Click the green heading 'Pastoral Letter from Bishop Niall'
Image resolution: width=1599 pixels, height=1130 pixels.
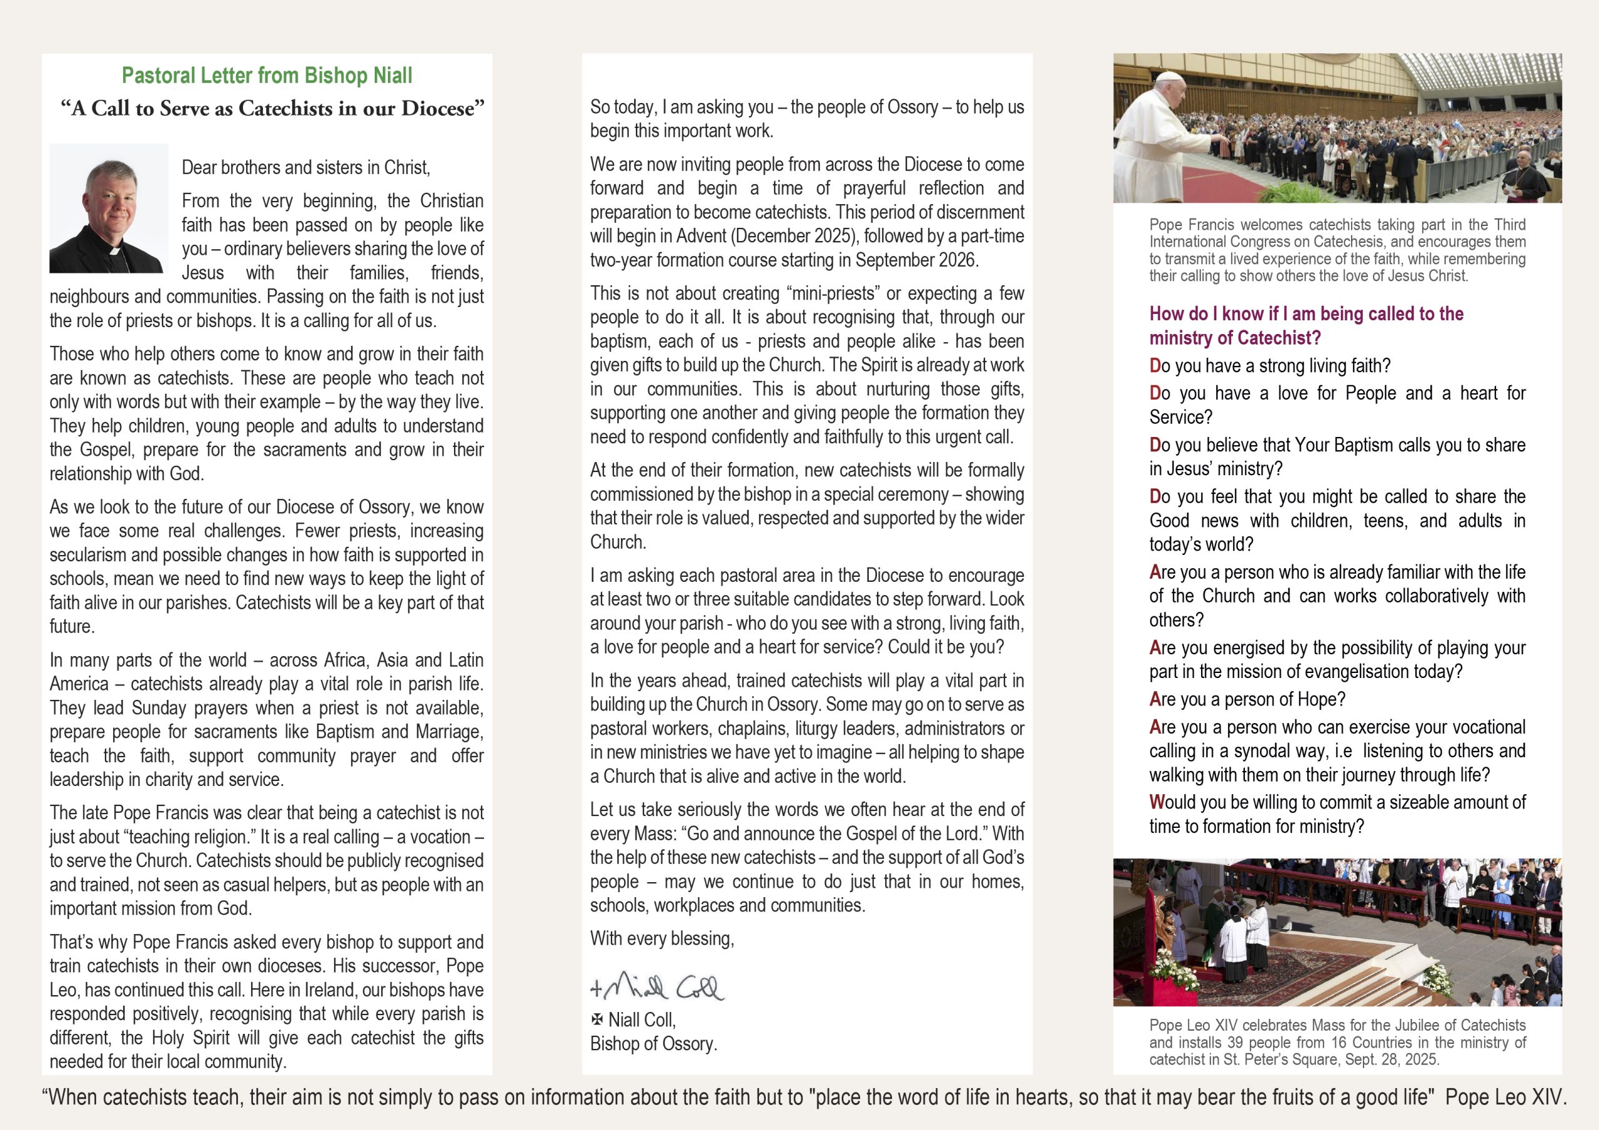[267, 75]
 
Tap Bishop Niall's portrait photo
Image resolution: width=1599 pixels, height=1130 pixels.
[109, 208]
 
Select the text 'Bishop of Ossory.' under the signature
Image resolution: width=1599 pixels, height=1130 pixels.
[653, 1044]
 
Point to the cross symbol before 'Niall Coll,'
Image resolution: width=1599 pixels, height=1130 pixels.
[597, 1020]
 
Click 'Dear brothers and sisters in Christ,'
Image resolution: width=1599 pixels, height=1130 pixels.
[305, 167]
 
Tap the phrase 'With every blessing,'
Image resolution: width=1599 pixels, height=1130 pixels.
[661, 938]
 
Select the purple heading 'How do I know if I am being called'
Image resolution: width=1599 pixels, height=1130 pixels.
[1306, 314]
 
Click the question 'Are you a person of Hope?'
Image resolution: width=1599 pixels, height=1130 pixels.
[1247, 699]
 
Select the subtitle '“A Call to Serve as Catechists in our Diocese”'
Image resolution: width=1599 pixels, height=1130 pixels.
[272, 109]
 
